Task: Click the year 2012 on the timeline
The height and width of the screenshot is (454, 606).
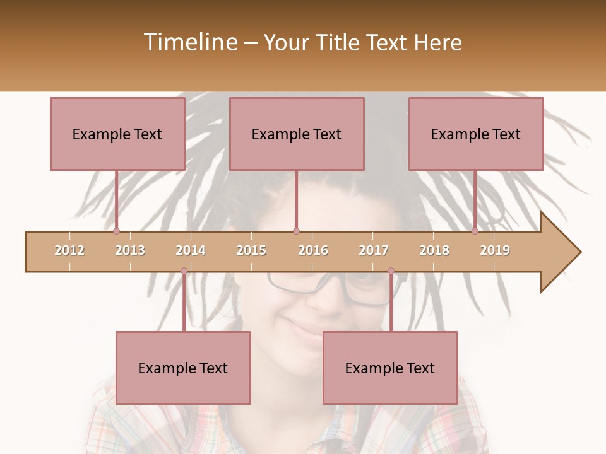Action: [69, 250]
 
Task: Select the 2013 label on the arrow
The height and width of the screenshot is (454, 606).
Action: [130, 250]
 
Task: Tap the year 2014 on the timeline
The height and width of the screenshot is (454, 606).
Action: [191, 250]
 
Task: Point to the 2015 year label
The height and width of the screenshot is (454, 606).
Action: [251, 250]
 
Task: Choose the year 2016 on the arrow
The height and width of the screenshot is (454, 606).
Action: [313, 250]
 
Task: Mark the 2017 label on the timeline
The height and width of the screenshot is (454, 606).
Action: [374, 250]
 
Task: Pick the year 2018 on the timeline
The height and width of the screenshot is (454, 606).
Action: [434, 250]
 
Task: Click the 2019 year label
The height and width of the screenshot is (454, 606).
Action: [495, 250]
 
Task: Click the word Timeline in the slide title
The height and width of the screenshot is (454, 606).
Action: [189, 42]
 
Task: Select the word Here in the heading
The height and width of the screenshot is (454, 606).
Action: [438, 42]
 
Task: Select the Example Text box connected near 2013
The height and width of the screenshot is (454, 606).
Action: [117, 134]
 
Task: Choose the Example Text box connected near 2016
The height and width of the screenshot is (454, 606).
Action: [297, 134]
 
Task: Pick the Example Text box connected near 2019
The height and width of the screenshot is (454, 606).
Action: [476, 134]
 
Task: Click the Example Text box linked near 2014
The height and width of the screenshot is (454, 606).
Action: [183, 368]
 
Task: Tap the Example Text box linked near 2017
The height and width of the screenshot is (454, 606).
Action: [390, 368]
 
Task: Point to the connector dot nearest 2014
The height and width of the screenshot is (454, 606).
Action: [184, 271]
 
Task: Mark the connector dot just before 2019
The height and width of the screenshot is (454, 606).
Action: [475, 231]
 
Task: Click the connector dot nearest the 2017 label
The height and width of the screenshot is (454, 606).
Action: [391, 271]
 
